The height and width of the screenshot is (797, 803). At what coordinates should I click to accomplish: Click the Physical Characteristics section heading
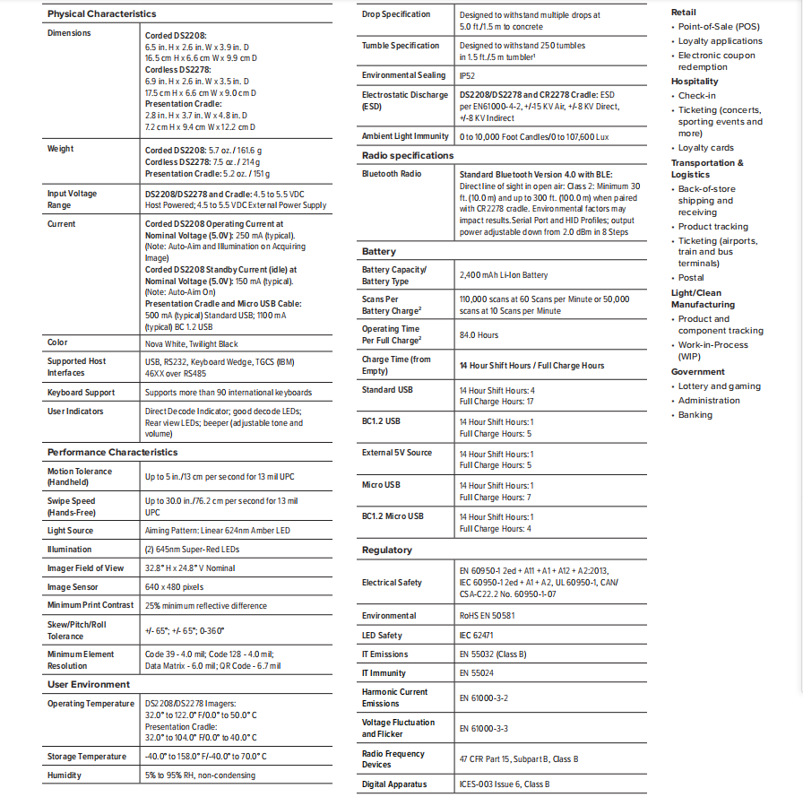101,13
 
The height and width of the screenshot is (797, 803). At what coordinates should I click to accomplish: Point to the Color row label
57,343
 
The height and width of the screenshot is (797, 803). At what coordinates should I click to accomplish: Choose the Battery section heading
379,252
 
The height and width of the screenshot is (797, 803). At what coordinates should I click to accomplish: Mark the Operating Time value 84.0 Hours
479,335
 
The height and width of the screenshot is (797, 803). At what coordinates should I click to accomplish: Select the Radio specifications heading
408,155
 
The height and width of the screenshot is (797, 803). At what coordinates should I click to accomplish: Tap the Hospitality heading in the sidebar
695,82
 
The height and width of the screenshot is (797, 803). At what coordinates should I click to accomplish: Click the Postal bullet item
691,278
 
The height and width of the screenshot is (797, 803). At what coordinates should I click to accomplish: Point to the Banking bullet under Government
696,414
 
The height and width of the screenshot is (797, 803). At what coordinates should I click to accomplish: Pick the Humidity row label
65,775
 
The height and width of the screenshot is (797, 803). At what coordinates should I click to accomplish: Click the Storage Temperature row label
87,757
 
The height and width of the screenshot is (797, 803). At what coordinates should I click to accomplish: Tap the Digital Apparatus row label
394,784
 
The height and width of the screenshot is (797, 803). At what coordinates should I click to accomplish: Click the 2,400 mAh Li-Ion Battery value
503,275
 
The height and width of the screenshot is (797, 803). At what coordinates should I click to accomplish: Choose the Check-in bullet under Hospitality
696,96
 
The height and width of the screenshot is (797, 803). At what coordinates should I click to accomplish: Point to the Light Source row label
71,531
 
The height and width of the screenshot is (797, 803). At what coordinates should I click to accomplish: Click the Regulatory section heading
387,550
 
